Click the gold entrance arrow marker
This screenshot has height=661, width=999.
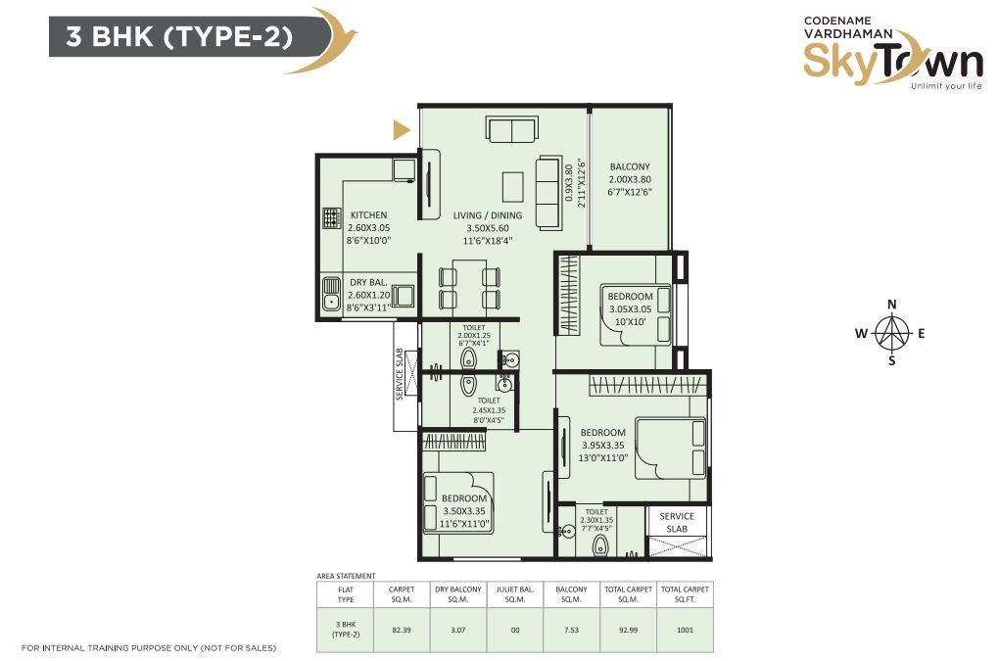[401, 130]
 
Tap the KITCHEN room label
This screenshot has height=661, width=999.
[368, 215]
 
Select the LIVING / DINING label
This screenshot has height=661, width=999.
[488, 215]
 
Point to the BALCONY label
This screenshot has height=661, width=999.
[630, 166]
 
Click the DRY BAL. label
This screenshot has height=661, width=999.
[368, 283]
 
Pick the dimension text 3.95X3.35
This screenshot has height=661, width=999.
[602, 446]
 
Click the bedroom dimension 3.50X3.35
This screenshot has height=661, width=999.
[464, 511]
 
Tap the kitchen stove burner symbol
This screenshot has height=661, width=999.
[331, 218]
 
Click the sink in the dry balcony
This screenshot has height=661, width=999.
[331, 294]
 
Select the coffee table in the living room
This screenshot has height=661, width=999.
[512, 187]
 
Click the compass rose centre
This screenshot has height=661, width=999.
[891, 332]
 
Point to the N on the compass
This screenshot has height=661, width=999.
[892, 305]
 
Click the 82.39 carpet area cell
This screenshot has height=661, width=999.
[402, 630]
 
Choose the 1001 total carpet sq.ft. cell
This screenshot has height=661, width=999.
[685, 630]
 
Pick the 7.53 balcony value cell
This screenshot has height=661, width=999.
[572, 630]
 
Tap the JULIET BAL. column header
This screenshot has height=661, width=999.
[515, 594]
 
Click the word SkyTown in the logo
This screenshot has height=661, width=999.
[892, 63]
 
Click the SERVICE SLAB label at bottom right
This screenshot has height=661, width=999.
[677, 522]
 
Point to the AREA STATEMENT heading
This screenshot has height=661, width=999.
[346, 576]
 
